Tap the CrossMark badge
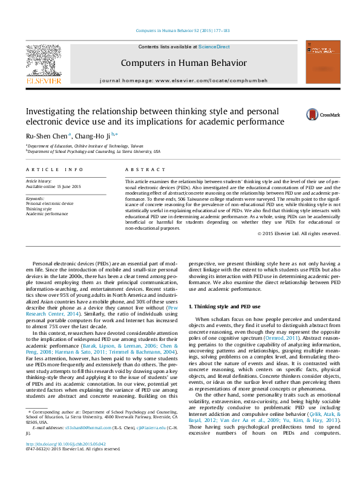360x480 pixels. [x=322, y=115]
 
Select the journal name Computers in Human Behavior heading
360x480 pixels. [x=184, y=63]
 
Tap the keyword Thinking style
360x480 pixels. [x=39, y=209]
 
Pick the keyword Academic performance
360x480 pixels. [x=47, y=213]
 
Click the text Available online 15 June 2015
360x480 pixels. [x=53, y=186]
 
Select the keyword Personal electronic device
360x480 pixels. [x=50, y=204]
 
